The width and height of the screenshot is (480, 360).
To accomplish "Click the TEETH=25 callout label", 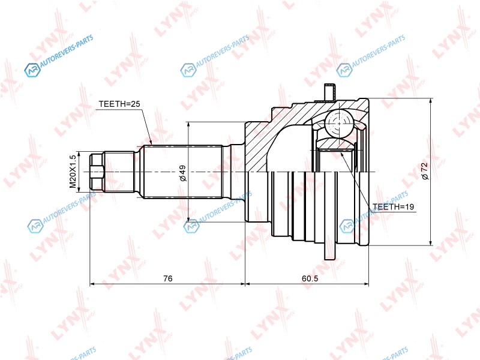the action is pyautogui.click(x=119, y=104).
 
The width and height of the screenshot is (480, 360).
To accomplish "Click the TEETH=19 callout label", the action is pyautogui.click(x=393, y=206).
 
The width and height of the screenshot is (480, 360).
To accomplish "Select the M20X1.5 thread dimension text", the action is pyautogui.click(x=73, y=172).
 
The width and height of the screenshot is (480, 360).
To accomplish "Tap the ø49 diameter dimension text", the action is pyautogui.click(x=183, y=173).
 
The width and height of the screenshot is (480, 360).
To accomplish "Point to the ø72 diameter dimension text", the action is pyautogui.click(x=425, y=171).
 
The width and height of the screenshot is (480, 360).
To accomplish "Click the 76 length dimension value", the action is pyautogui.click(x=168, y=278).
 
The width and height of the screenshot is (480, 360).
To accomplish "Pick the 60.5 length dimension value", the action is pyautogui.click(x=310, y=278).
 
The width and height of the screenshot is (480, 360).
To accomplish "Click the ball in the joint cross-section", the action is pyautogui.click(x=339, y=124).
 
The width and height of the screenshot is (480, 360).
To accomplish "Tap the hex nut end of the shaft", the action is pyautogui.click(x=97, y=172).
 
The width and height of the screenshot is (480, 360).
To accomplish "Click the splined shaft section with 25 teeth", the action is pyautogui.click(x=183, y=172).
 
